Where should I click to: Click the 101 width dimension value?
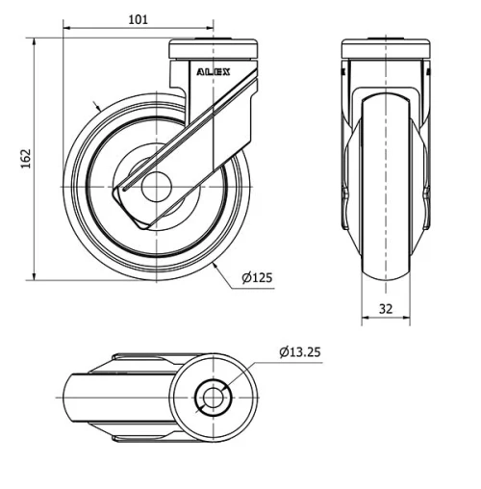(139, 18)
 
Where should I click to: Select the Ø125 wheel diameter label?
(257, 278)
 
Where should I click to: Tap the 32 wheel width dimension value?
(384, 310)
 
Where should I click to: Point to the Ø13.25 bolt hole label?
(299, 352)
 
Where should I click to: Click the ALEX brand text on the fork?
(214, 71)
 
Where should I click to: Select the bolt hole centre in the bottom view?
(212, 396)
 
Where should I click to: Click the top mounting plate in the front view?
(384, 45)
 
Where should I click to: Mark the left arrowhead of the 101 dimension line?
(68, 28)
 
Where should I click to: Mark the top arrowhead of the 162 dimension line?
(36, 43)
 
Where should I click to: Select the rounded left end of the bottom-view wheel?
(65, 396)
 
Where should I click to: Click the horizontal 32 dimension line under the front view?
(384, 322)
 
